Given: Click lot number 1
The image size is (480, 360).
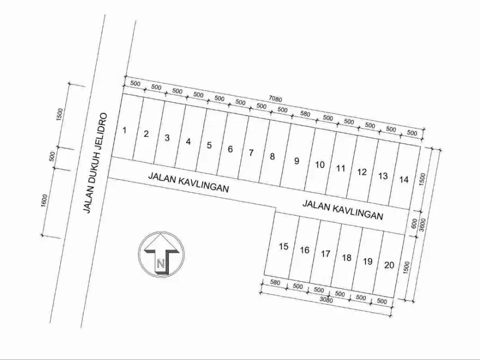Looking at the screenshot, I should click(124, 130).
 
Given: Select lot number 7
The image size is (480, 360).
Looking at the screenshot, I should click(251, 153).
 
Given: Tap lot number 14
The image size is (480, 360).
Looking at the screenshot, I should click(404, 180).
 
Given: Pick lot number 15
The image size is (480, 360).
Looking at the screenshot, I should click(284, 246).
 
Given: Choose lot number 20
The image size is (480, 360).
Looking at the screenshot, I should click(389, 265).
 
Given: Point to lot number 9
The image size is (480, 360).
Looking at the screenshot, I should click(297, 161).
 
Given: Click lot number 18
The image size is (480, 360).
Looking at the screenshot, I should click(347, 258).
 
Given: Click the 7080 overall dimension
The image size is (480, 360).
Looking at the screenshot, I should click(275, 99).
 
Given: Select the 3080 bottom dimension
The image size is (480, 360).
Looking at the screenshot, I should click(326, 300).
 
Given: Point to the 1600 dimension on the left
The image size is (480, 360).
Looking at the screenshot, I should click(45, 201).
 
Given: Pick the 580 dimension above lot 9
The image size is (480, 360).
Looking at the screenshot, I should click(305, 114).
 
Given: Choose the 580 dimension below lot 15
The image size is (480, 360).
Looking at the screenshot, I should click(275, 283).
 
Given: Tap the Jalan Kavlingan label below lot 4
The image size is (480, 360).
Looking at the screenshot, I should click(188, 182).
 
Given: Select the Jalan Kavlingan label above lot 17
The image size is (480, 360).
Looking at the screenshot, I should click(343, 210).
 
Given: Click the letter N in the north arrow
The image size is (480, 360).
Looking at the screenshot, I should click(161, 263).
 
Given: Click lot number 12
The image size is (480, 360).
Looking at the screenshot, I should click(362, 172).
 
